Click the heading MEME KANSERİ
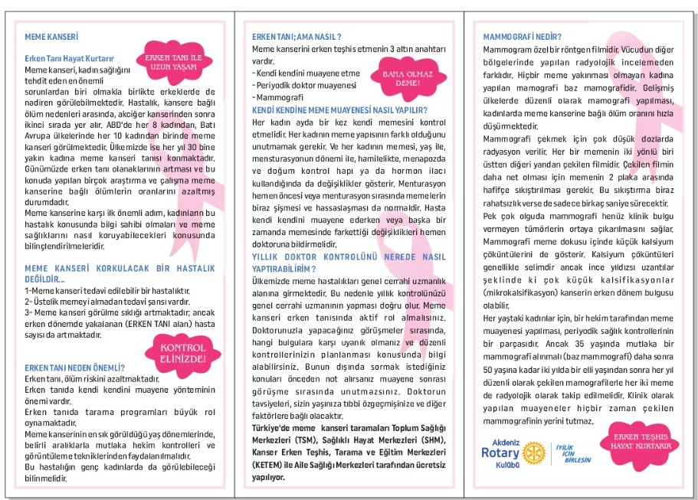coord(52,36)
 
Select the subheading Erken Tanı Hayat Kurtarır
coord(69,58)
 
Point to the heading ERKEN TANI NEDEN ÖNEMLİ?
coord(70,368)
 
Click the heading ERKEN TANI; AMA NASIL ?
coord(297,37)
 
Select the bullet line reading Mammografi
coord(280,98)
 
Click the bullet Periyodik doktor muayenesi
coord(300,85)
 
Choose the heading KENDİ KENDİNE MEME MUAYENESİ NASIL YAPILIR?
coord(339,110)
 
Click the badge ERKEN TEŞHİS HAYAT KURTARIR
coord(634,441)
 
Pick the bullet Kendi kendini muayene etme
coord(296,73)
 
